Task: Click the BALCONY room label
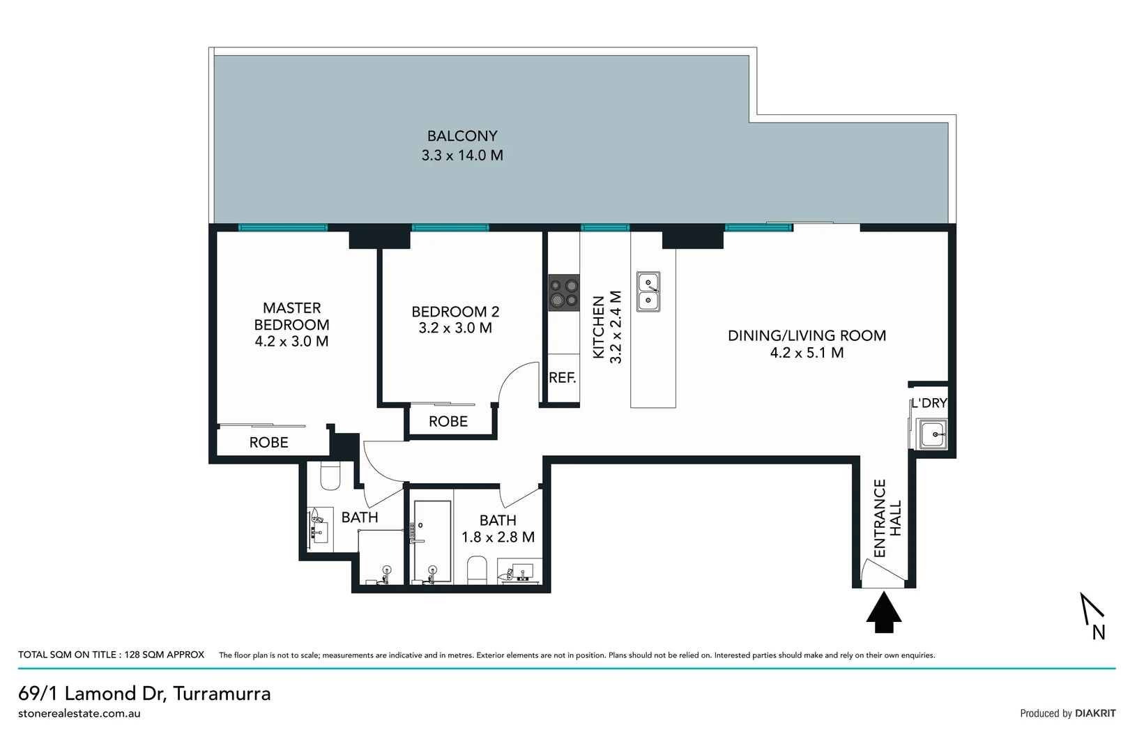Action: (x=462, y=136)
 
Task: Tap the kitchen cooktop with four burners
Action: (x=564, y=293)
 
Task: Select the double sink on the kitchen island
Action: (x=648, y=291)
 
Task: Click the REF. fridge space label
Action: (x=563, y=378)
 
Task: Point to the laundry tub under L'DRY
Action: (x=932, y=434)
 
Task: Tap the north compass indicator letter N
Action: (x=1099, y=632)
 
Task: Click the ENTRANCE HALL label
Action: (x=887, y=518)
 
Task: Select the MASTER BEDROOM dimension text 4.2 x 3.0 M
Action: (x=291, y=342)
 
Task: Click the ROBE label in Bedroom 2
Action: (x=448, y=421)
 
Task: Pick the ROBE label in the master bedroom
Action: (x=269, y=442)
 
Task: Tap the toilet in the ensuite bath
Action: (x=330, y=477)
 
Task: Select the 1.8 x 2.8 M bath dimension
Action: (x=498, y=537)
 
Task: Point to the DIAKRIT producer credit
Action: (x=1094, y=713)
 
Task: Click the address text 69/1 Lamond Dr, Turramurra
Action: (x=144, y=693)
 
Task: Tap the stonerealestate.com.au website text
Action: (x=79, y=713)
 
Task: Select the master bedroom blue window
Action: (x=282, y=227)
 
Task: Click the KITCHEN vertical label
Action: (x=598, y=328)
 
